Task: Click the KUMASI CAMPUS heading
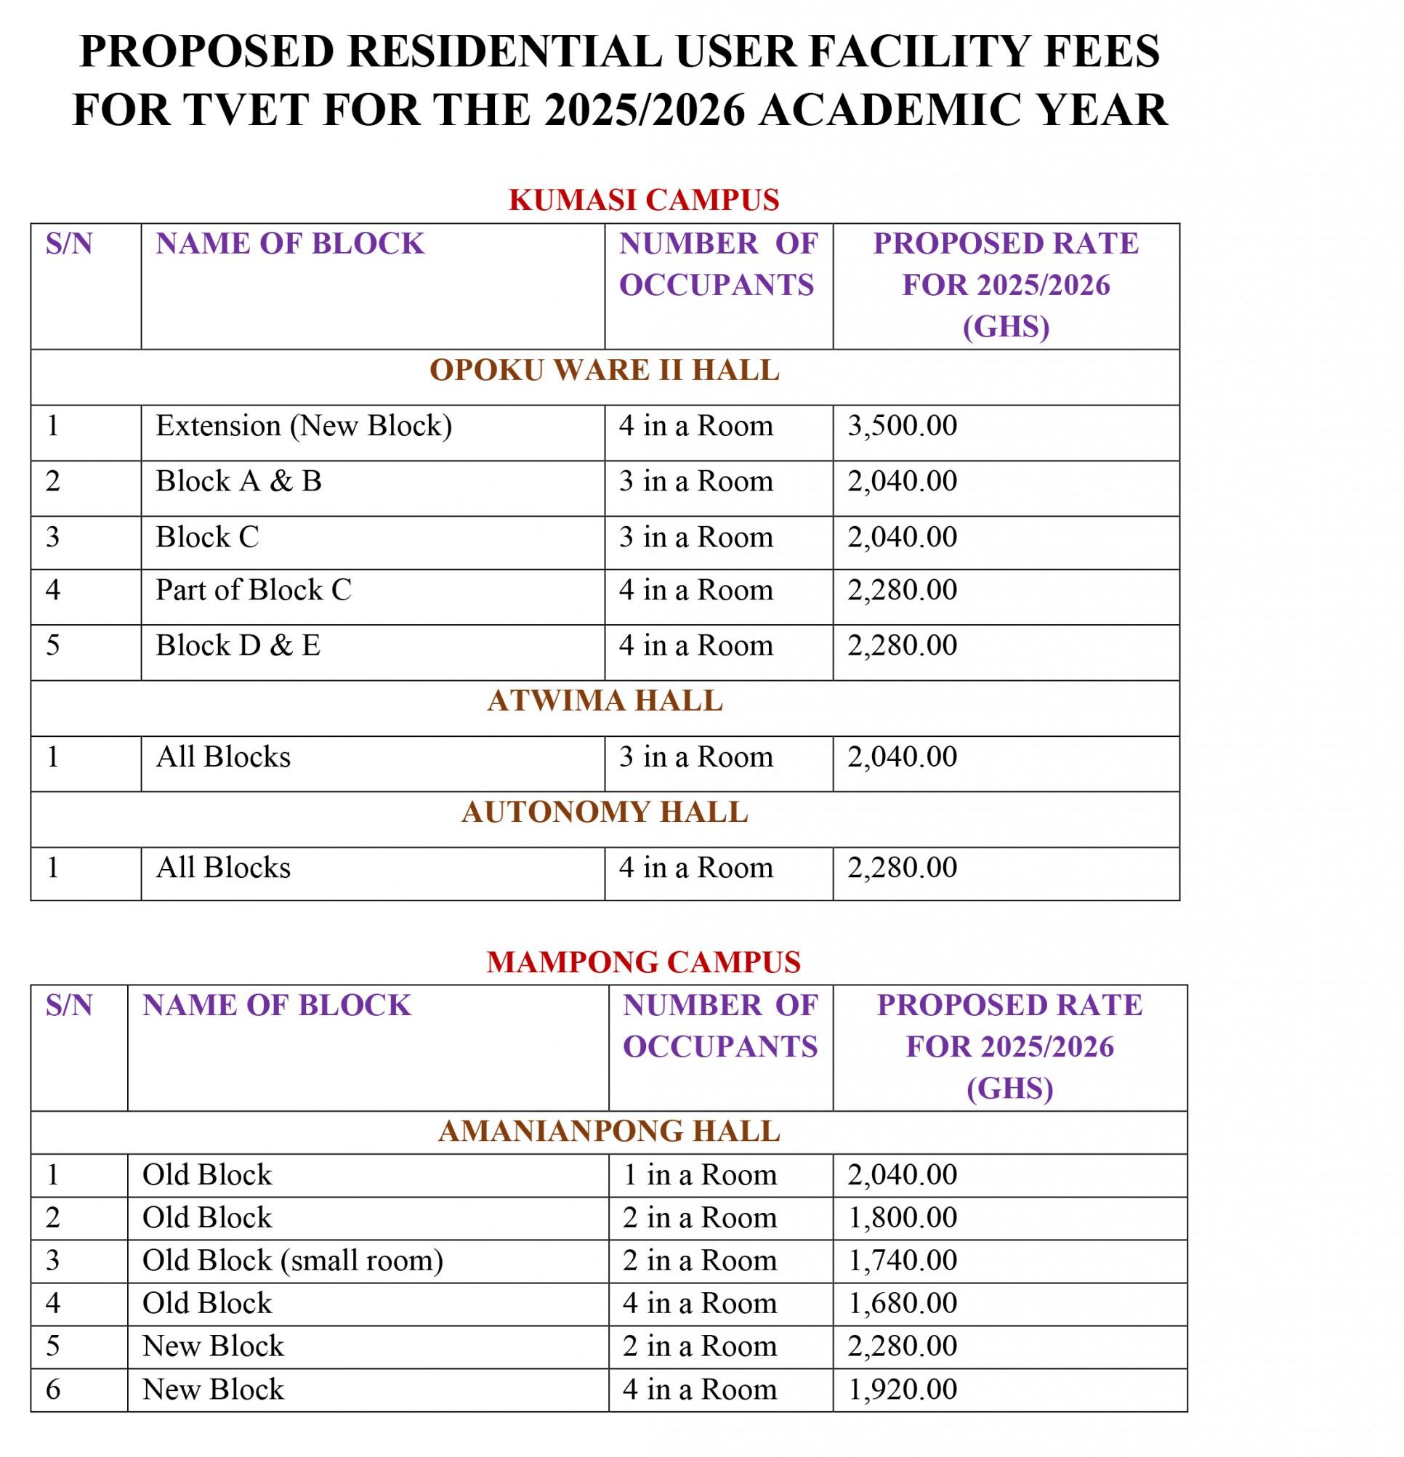644,200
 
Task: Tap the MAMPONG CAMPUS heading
644,962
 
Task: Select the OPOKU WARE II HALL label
605,370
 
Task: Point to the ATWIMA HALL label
605,701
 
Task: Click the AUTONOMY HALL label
605,812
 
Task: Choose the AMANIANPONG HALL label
609,1131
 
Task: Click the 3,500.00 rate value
903,426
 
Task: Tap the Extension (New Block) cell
303,426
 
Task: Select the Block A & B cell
238,482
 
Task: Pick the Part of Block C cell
253,590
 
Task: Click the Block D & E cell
238,645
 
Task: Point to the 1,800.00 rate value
903,1218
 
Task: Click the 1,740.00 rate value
903,1261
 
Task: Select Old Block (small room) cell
292,1261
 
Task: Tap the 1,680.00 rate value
903,1303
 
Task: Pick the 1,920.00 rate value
903,1389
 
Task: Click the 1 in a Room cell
699,1175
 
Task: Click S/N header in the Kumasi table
69,244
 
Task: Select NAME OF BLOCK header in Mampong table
276,1005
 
